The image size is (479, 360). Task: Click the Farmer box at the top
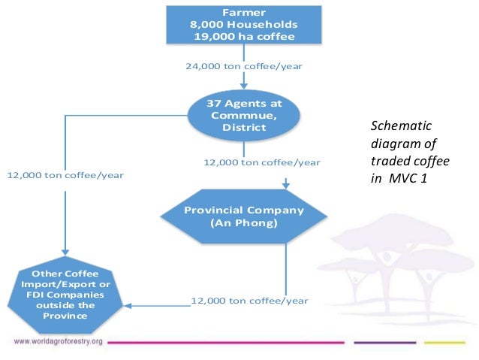[243, 24]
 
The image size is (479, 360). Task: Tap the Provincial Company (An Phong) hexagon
[244, 216]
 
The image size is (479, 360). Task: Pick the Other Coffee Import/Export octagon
[65, 294]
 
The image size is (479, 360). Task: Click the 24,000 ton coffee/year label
[244, 66]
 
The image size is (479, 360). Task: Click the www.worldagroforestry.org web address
[59, 342]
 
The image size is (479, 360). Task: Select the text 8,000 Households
[243, 24]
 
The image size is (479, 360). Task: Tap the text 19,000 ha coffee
[243, 35]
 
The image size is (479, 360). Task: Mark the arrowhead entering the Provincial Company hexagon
[286, 184]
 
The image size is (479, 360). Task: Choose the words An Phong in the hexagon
[244, 222]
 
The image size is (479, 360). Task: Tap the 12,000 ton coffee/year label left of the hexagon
[65, 175]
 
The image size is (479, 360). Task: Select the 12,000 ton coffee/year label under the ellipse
[262, 162]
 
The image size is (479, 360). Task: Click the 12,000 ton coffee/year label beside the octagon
[250, 301]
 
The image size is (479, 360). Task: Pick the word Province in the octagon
[65, 316]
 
